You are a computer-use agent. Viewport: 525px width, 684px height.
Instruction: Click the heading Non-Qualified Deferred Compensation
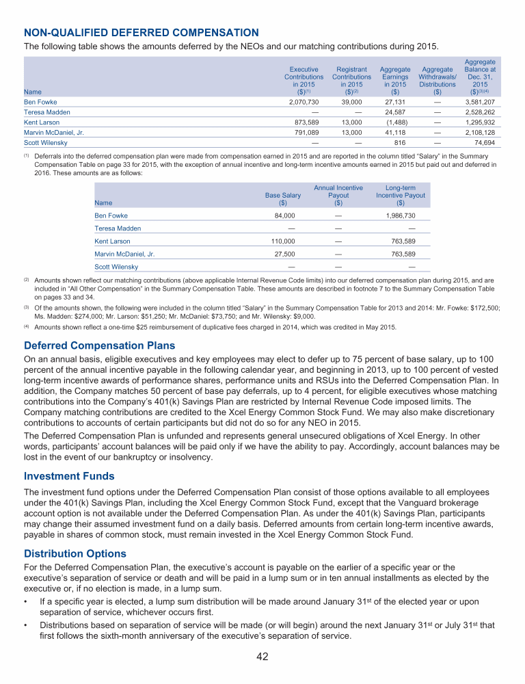coord(141,32)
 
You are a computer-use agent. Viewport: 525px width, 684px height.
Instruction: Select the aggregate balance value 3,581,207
coord(480,101)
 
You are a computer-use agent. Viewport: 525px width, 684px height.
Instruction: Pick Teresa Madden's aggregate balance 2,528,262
coord(480,111)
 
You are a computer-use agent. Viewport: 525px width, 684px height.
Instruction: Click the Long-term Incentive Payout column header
coord(401,195)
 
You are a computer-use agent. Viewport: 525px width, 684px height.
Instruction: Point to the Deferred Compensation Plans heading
coord(99,345)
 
